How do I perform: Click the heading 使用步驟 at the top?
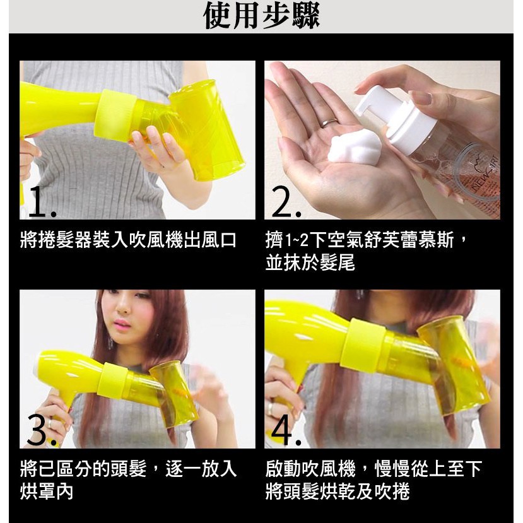pyautogui.click(x=261, y=16)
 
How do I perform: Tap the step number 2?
pyautogui.click(x=286, y=202)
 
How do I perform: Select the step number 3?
pyautogui.click(x=42, y=430)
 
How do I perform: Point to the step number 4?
pyautogui.click(x=286, y=430)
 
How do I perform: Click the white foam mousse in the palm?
pyautogui.click(x=354, y=147)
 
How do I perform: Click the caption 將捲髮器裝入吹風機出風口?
pyautogui.click(x=128, y=240)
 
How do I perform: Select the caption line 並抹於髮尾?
pyautogui.click(x=310, y=262)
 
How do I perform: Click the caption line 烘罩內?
pyautogui.click(x=47, y=491)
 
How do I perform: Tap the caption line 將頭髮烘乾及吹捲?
pyautogui.click(x=338, y=491)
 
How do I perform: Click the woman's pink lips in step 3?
pyautogui.click(x=122, y=323)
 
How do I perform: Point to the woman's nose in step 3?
pyautogui.click(x=124, y=309)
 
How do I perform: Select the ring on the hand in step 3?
pyautogui.click(x=50, y=423)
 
